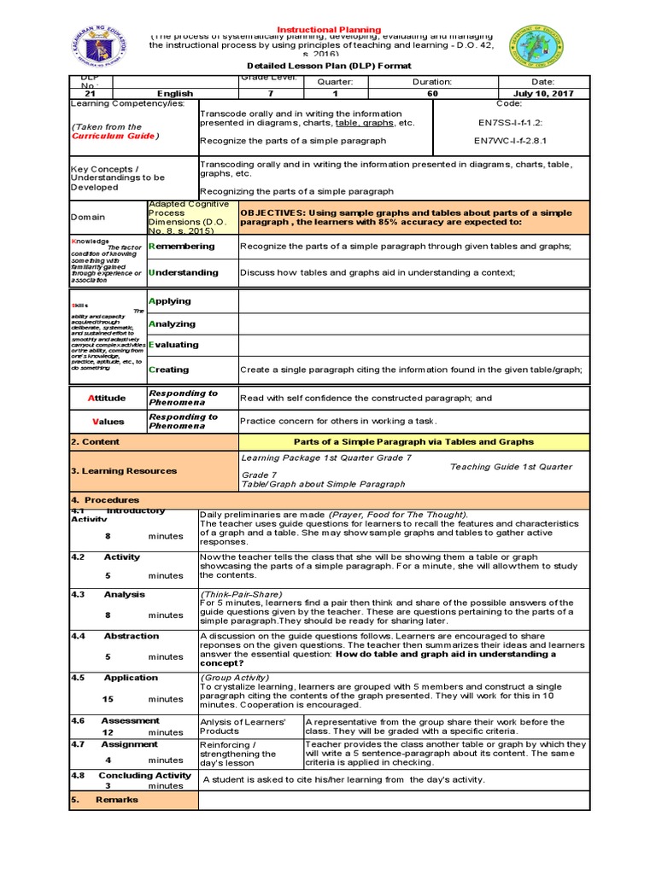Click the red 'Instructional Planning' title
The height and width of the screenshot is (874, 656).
[329, 30]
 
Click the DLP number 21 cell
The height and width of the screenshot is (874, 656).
[91, 93]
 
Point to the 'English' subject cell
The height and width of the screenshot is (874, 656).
[174, 93]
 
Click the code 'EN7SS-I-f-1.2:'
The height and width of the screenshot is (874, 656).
[510, 122]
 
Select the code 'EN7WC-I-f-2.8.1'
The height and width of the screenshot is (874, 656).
[510, 140]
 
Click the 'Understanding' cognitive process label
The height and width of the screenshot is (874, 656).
[183, 272]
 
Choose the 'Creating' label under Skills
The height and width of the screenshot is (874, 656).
[169, 370]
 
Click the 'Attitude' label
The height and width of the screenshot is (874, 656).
[108, 398]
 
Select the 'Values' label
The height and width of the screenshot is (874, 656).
[108, 422]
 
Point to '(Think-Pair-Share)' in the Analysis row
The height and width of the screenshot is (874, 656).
[241, 594]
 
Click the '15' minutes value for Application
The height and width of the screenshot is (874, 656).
[108, 698]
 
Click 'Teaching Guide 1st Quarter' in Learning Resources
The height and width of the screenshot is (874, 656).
[511, 467]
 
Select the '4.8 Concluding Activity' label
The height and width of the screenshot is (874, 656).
[131, 775]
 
